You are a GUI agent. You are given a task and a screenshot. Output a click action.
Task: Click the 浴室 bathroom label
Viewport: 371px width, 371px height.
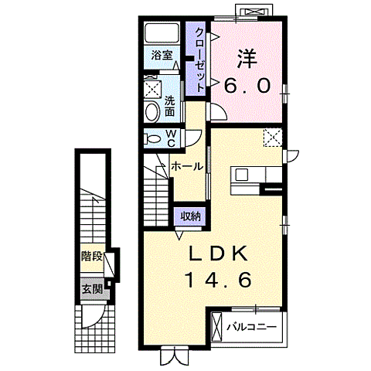click(162, 56)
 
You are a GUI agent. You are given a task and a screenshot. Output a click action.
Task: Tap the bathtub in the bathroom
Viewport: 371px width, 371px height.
click(162, 33)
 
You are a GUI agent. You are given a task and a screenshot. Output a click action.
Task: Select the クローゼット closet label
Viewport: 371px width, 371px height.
click(200, 60)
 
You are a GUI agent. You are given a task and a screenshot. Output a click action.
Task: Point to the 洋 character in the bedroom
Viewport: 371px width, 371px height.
click(247, 59)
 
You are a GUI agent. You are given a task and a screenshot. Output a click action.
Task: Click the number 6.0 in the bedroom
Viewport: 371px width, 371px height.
click(247, 86)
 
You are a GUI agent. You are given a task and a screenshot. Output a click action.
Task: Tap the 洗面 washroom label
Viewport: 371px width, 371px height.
click(169, 106)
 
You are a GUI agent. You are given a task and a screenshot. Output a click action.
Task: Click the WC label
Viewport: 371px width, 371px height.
click(172, 138)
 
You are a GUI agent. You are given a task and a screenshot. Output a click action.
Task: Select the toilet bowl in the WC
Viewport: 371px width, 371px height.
click(153, 139)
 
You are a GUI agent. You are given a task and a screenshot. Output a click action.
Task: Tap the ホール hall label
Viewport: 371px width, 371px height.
click(187, 166)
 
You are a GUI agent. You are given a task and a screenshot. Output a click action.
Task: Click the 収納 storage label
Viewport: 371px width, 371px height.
click(190, 216)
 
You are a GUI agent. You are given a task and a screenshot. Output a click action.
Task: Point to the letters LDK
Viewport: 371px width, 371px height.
click(218, 253)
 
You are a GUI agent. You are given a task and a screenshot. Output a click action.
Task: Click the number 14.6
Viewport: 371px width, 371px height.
click(218, 280)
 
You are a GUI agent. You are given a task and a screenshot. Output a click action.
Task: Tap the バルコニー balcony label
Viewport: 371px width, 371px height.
click(251, 327)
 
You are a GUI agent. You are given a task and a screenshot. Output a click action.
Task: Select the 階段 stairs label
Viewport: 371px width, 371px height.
click(92, 257)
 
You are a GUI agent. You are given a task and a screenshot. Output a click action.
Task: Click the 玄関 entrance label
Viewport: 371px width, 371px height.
click(92, 290)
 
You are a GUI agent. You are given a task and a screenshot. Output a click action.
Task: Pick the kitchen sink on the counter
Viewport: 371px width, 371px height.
click(242, 175)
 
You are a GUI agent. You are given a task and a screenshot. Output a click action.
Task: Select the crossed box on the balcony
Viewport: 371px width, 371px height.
click(216, 326)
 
